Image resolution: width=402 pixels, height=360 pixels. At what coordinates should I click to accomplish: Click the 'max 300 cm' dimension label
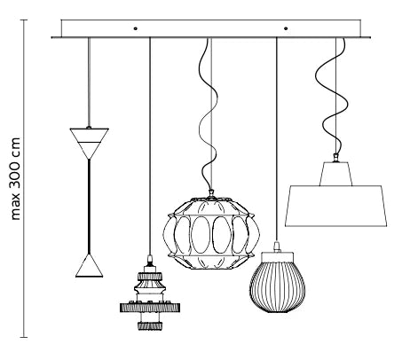click(x=16, y=178)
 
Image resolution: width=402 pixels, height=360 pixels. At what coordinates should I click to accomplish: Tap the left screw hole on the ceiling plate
click(x=136, y=28)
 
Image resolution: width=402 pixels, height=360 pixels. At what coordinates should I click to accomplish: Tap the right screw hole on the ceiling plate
click(x=286, y=28)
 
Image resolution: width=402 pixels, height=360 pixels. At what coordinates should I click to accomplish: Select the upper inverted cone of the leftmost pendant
click(x=90, y=144)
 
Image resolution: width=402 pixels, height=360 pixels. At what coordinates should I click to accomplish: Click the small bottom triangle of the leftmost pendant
click(x=89, y=265)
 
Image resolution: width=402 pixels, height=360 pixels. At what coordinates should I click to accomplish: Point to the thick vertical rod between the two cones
click(x=89, y=207)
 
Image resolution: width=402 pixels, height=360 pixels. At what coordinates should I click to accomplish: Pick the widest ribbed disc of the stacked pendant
click(x=150, y=308)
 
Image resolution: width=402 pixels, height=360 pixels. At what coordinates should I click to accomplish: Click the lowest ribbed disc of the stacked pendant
click(x=150, y=325)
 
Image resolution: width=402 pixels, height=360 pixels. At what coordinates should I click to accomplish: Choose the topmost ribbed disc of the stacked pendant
click(x=150, y=277)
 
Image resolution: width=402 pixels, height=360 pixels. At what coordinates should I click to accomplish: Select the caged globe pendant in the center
click(x=211, y=231)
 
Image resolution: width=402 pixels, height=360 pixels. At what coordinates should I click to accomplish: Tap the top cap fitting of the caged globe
click(x=211, y=194)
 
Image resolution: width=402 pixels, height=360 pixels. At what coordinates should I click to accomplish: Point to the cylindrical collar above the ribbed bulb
click(x=277, y=256)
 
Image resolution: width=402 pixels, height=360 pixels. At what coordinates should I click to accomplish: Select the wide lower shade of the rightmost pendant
click(x=335, y=207)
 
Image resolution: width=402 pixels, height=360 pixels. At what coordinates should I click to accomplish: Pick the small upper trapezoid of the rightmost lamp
click(x=335, y=174)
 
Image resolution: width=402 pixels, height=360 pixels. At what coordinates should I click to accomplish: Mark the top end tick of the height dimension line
click(x=24, y=20)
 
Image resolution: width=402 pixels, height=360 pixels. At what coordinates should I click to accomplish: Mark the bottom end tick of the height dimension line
click(x=24, y=337)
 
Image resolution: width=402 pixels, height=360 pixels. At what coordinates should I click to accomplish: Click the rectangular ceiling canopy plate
click(x=211, y=29)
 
